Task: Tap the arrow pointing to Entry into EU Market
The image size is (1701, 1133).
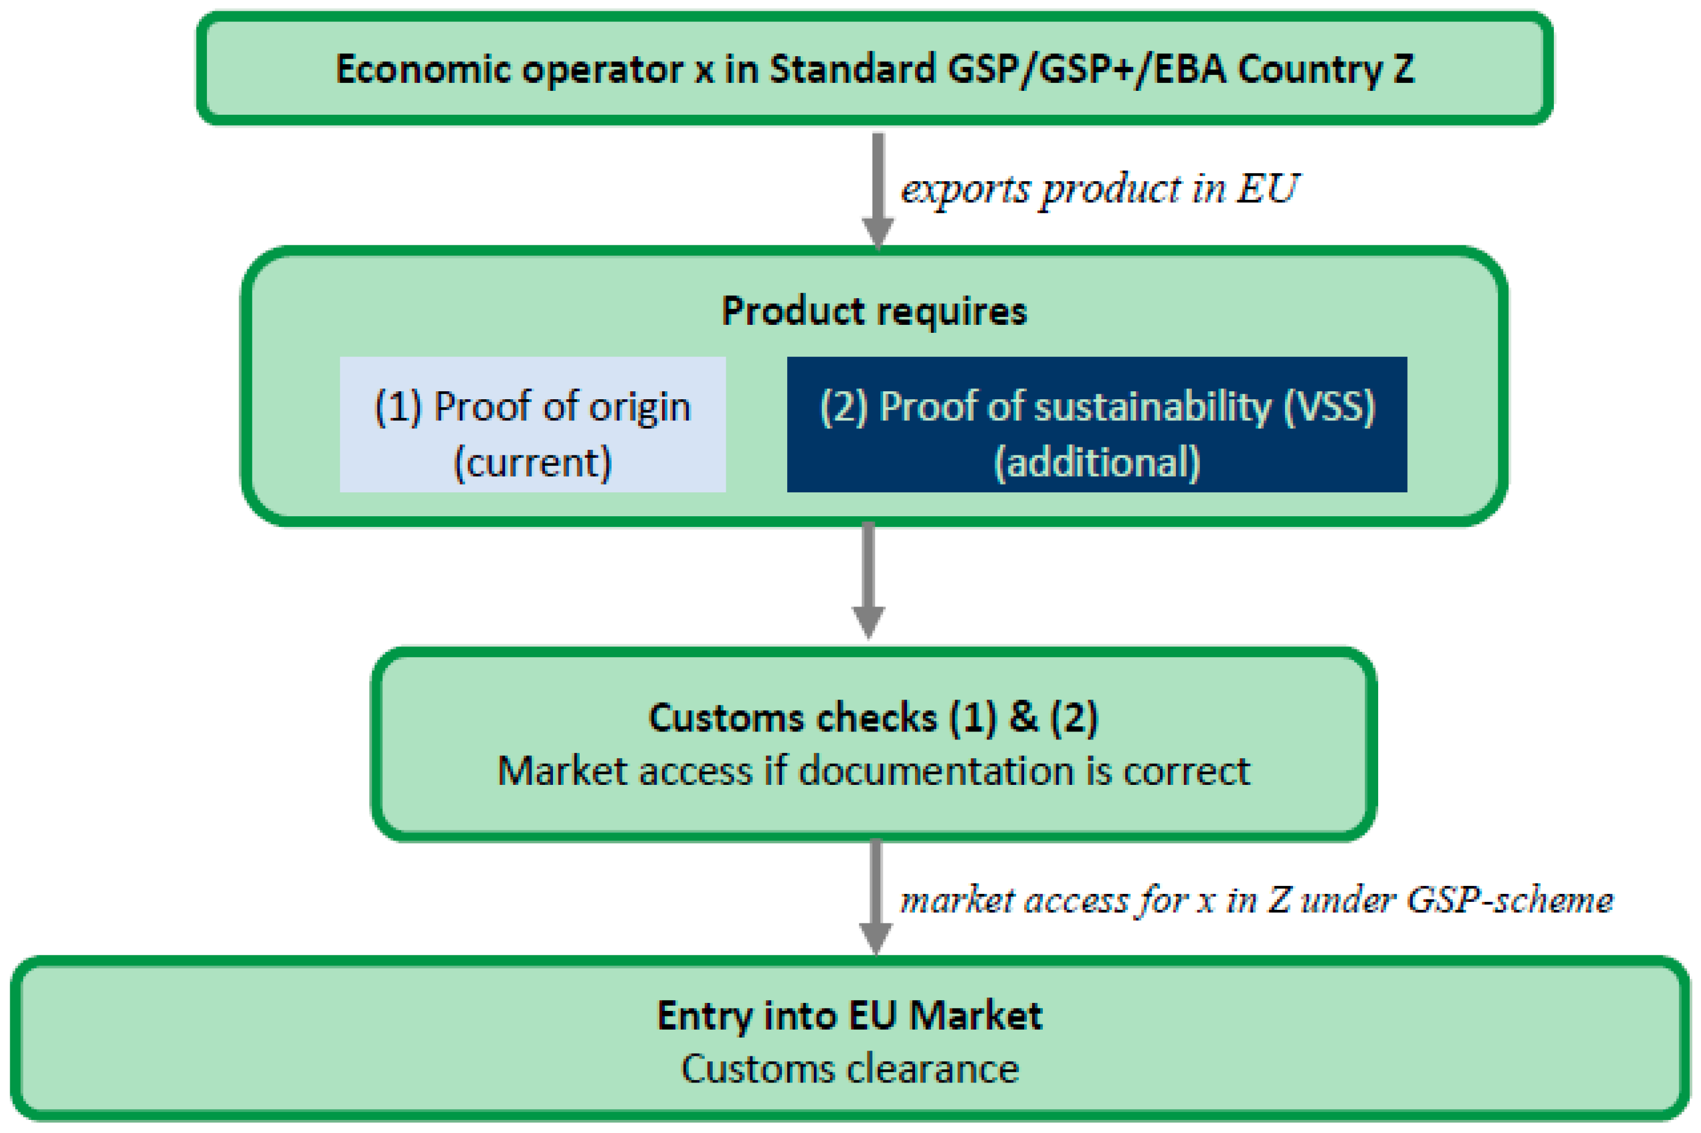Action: pyautogui.click(x=875, y=896)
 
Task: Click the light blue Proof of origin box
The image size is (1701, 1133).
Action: pyautogui.click(x=532, y=424)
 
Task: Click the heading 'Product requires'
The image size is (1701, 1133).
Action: pyautogui.click(x=874, y=311)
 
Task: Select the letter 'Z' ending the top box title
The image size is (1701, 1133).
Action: pyautogui.click(x=1403, y=69)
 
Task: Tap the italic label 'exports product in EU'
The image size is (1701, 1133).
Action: pyautogui.click(x=1099, y=189)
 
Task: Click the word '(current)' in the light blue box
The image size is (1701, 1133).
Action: pyautogui.click(x=532, y=462)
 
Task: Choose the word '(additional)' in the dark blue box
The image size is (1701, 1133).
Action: pyautogui.click(x=1097, y=462)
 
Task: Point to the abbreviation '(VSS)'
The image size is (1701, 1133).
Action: pyautogui.click(x=1329, y=407)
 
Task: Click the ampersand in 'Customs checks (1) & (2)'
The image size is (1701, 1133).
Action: pyautogui.click(x=1023, y=717)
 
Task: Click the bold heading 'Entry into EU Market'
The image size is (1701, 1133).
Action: pyautogui.click(x=850, y=1015)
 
